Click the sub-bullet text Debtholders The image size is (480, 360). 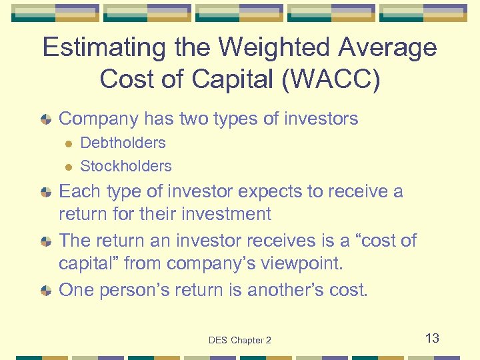123,143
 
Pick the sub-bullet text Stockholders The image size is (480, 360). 125,166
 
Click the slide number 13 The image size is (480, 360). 432,338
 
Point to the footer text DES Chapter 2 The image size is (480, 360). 240,340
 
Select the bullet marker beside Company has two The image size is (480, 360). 45,120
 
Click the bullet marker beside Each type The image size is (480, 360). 45,193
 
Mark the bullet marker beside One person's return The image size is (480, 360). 45,291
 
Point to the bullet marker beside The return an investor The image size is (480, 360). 45,241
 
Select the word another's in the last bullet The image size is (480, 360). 289,290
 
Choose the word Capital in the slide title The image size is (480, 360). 216,79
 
